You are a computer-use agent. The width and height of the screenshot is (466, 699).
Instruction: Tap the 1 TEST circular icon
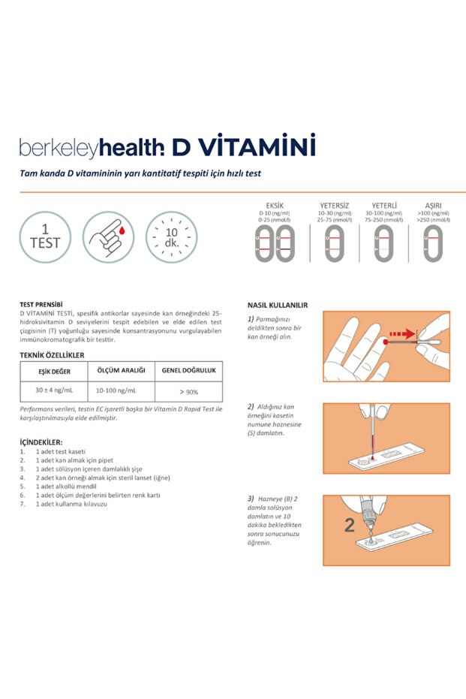(45, 237)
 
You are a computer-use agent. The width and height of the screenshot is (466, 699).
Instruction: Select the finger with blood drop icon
(108, 237)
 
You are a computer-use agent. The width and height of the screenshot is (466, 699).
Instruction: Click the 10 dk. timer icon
(171, 237)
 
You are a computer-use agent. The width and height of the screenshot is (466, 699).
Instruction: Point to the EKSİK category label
(275, 205)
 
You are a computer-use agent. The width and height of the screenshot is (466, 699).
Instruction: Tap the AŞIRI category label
(433, 205)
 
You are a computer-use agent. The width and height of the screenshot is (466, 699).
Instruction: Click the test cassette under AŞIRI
(432, 243)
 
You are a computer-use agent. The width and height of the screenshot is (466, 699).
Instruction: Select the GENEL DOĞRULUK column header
(188, 370)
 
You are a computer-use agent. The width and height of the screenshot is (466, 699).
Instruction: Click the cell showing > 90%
(188, 392)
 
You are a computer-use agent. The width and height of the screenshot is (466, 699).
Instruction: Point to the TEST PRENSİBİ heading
(41, 304)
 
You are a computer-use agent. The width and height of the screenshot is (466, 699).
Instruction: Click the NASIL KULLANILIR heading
(278, 305)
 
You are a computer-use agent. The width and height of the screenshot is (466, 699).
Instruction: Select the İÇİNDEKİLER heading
(41, 442)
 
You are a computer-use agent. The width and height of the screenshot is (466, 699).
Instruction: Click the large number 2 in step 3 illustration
(349, 526)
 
